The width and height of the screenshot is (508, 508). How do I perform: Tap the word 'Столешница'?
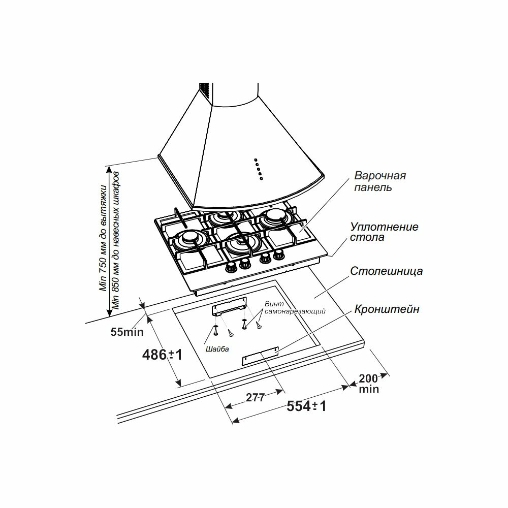pyautogui.click(x=386, y=271)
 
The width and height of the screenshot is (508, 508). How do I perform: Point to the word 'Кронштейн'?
pyautogui.click(x=387, y=309)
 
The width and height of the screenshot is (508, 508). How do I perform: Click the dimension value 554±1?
pyautogui.click(x=306, y=406)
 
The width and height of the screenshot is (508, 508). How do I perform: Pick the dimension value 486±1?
pyautogui.click(x=161, y=355)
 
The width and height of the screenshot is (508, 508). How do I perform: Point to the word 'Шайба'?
pyautogui.click(x=217, y=349)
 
